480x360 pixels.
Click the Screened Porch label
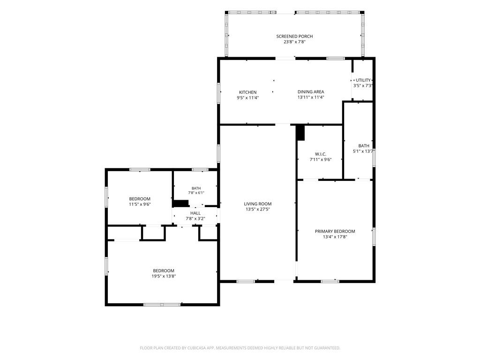tap(294, 37)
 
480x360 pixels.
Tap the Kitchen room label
tap(247, 92)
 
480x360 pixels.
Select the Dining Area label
tap(311, 92)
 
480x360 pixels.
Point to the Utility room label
tap(363, 80)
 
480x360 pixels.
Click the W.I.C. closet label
tap(321, 154)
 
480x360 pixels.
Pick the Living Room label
tap(258, 204)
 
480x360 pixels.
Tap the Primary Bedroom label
tap(335, 232)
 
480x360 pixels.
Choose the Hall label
tap(195, 213)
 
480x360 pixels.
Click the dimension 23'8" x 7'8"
tap(294, 42)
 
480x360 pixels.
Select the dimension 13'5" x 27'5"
tap(258, 210)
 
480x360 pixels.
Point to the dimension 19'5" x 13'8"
tap(164, 276)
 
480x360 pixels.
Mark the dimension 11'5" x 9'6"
tap(140, 204)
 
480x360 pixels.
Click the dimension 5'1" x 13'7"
tap(364, 151)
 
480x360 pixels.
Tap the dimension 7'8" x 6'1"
tap(196, 193)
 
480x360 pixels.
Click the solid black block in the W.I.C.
tap(300, 133)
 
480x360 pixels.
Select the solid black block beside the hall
tap(180, 203)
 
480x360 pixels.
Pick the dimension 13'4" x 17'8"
tap(335, 237)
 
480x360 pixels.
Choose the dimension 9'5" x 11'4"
tap(247, 98)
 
